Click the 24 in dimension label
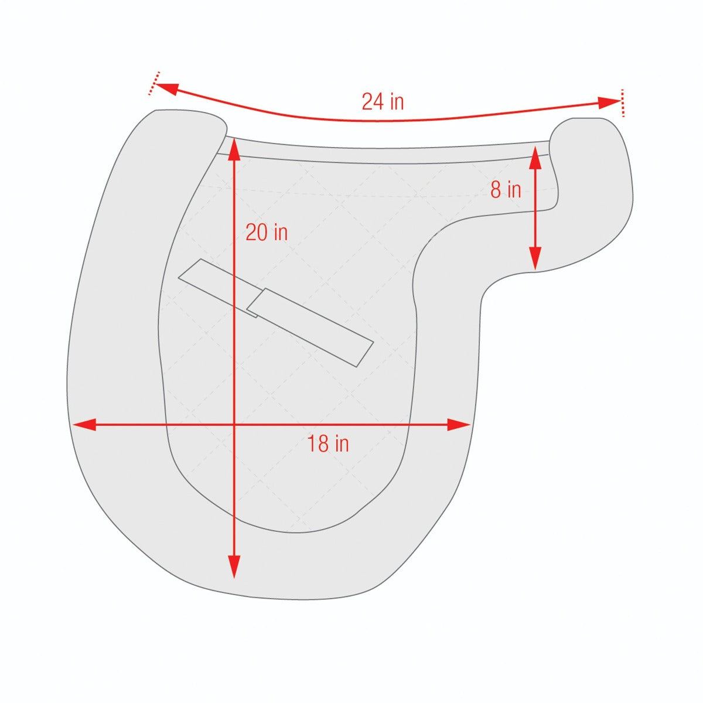[383, 102]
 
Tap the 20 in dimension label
[267, 233]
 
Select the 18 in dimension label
[328, 443]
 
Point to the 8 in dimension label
[506, 190]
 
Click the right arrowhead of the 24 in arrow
[609, 103]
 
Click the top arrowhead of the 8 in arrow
[534, 156]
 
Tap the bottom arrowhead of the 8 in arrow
[534, 259]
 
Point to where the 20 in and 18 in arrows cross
[234, 425]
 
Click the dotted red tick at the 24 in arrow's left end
[153, 83]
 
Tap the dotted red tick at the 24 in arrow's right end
[622, 103]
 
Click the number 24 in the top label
[372, 102]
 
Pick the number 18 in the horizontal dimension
[318, 443]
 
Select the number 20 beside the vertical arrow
[256, 233]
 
